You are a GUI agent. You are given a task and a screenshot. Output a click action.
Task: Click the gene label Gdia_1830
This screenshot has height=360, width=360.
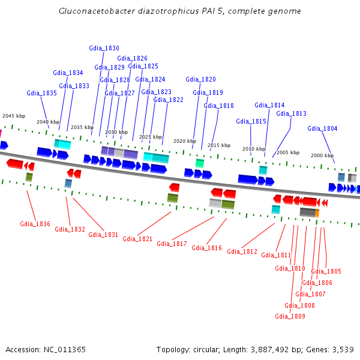click(x=104, y=48)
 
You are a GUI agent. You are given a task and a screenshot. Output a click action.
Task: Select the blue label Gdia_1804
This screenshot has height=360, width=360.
click(x=322, y=128)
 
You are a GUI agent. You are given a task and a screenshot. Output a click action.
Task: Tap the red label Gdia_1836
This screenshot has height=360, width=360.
click(x=35, y=224)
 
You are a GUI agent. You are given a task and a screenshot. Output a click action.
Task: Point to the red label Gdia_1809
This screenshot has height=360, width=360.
click(x=290, y=316)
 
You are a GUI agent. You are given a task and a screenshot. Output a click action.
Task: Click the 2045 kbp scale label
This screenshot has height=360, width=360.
click(x=14, y=116)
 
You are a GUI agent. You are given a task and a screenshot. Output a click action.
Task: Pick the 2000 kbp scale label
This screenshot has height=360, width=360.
click(x=322, y=155)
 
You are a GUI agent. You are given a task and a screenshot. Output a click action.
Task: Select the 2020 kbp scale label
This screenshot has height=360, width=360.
click(x=185, y=141)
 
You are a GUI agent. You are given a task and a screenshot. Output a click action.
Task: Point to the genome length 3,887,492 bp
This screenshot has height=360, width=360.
click(x=278, y=349)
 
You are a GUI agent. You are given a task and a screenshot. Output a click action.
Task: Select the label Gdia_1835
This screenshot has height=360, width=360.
click(x=41, y=93)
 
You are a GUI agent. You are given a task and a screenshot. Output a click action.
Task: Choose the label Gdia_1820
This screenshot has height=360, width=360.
click(x=200, y=79)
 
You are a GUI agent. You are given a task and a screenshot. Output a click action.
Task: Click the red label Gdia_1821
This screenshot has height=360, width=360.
click(x=137, y=239)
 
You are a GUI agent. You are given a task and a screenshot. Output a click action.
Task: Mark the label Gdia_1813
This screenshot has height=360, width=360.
click(x=291, y=113)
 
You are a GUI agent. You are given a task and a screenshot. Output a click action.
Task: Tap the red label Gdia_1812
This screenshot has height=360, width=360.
click(x=242, y=251)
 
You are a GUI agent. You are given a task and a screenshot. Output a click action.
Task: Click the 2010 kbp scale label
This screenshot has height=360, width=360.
click(x=254, y=149)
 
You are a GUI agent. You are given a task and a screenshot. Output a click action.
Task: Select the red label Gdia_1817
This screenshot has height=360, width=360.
click(x=172, y=244)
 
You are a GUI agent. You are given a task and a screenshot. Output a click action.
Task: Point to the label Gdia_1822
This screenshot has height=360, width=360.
click(x=168, y=100)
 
